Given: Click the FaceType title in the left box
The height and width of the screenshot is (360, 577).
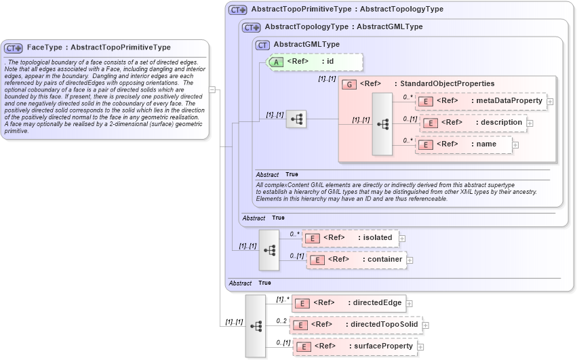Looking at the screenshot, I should [98, 47].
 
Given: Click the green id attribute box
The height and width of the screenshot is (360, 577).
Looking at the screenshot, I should [315, 62].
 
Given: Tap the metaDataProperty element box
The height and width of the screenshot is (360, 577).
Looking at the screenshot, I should [481, 101].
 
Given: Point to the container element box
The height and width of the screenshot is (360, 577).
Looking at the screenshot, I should [357, 260].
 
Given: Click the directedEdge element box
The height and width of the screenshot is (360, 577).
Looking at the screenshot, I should [349, 303].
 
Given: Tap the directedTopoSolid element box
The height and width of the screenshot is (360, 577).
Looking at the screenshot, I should [355, 325].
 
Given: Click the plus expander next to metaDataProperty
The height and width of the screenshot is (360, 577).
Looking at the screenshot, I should [550, 102].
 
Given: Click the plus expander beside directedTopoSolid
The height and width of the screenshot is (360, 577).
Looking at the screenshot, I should [425, 325].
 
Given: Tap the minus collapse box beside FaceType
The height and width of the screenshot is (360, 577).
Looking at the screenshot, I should [212, 89].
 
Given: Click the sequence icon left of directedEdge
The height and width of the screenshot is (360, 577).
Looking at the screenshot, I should [256, 326].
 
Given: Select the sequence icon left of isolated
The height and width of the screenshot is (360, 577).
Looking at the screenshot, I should [269, 249].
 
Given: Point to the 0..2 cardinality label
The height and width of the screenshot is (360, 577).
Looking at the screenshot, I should [281, 321].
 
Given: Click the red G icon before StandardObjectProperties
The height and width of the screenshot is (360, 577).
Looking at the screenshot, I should [349, 85].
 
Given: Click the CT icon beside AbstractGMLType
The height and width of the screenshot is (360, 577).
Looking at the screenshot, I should [262, 45].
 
